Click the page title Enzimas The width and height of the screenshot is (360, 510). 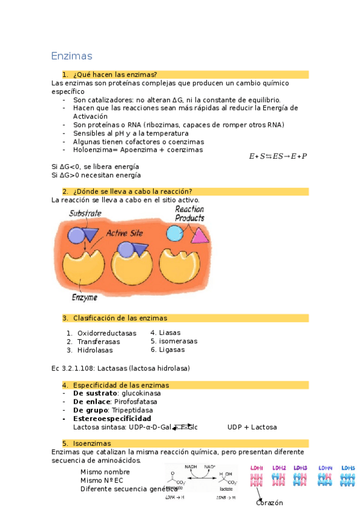coord(72,57)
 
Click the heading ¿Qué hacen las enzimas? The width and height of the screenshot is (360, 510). coord(115,75)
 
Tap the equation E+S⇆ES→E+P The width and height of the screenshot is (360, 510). coord(278,156)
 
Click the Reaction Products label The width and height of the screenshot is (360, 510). coord(190,214)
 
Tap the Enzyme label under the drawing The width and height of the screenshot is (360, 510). coord(84,297)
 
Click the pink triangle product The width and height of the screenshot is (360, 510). coord(200,235)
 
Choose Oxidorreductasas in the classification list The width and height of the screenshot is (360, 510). coord(107,333)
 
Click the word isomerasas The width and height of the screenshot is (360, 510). coord(178,341)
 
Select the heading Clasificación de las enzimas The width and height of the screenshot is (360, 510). coord(120,318)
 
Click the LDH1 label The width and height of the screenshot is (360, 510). coord(257,467)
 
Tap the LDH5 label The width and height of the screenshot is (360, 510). coord(348,467)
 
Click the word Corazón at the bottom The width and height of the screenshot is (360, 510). coord(269,503)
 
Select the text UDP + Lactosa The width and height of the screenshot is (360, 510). coord(252,427)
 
